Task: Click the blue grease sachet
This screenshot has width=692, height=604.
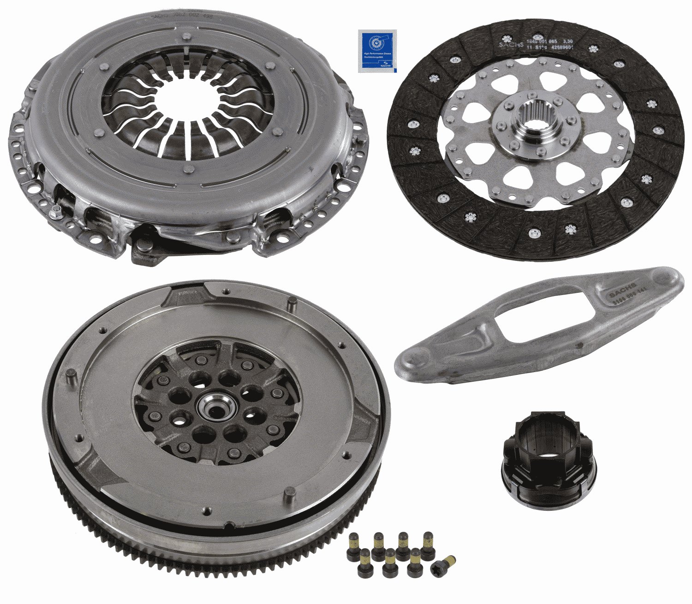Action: (377, 51)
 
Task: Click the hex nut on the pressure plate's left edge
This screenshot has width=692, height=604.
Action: (57, 213)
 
